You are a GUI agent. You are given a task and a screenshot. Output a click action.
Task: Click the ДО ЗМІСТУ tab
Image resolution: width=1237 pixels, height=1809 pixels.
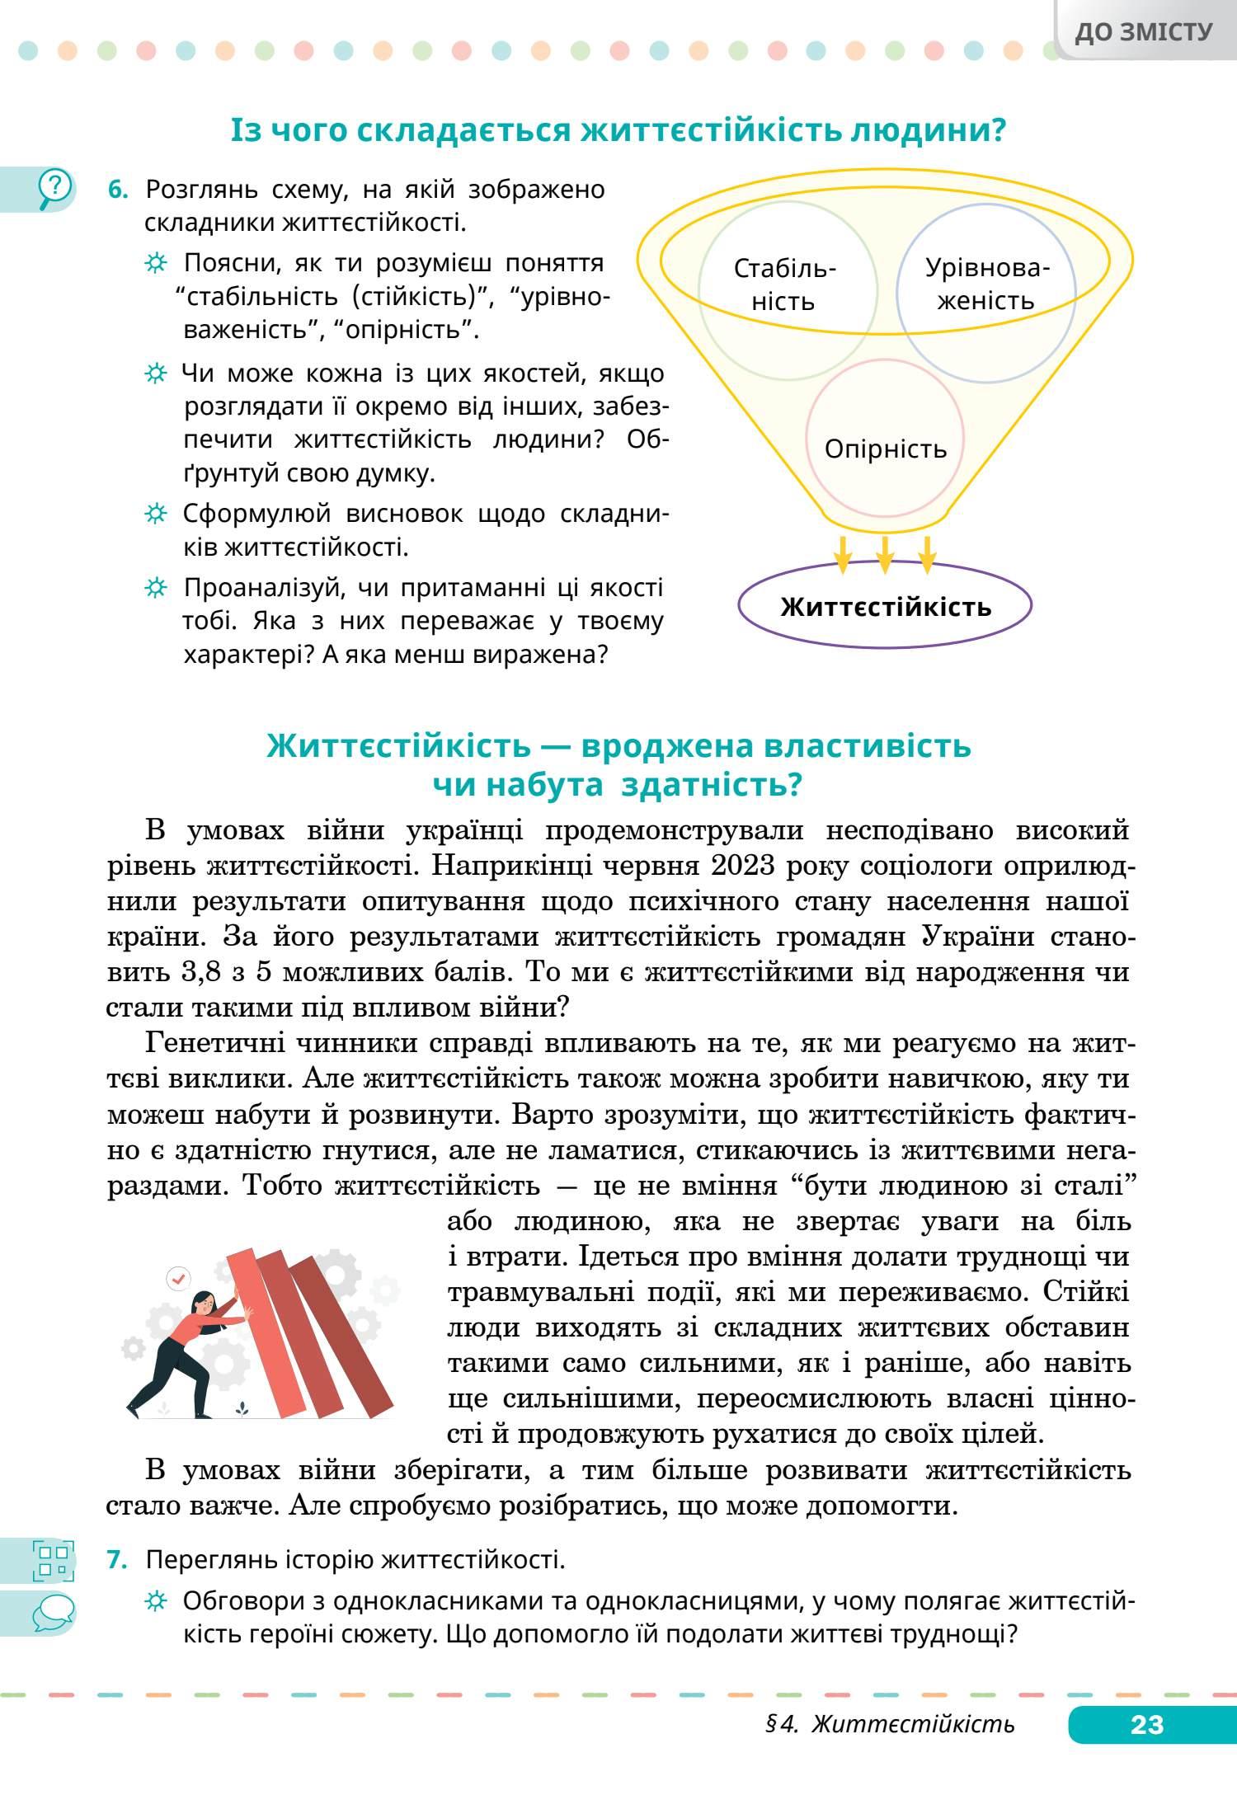(1144, 32)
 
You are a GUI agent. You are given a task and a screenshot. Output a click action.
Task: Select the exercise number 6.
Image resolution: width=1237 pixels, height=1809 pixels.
(119, 190)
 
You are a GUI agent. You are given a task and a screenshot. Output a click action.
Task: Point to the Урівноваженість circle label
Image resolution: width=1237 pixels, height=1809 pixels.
(986, 284)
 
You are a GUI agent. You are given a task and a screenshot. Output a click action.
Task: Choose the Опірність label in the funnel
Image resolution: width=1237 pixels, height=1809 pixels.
(885, 449)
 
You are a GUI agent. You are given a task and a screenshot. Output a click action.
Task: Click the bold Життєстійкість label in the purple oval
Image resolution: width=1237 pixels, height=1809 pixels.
(886, 608)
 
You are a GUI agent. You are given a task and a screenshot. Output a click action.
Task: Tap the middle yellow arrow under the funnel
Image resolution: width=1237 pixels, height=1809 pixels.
(885, 555)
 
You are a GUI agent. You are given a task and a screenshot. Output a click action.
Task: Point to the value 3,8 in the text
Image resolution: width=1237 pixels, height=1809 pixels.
(198, 972)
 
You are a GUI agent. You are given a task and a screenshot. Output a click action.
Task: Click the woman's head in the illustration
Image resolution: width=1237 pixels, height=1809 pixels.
(203, 1304)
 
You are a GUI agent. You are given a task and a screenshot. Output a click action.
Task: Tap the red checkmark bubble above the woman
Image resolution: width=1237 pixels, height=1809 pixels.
(178, 1279)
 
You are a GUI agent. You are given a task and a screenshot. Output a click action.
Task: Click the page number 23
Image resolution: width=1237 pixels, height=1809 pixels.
(1146, 1725)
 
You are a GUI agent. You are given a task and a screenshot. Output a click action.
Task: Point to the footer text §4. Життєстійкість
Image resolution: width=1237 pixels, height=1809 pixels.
(890, 1725)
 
